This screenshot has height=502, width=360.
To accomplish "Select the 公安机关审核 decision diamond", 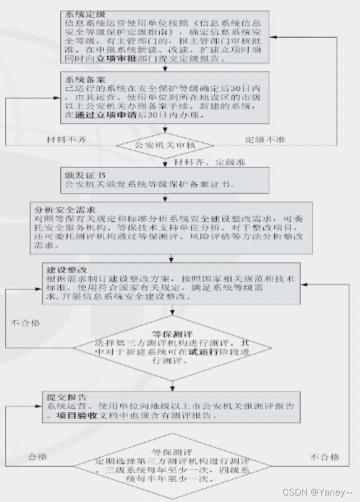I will [x=164, y=145].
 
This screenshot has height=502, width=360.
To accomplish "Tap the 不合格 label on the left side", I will [x=24, y=322].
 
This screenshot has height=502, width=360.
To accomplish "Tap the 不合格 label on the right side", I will [x=324, y=456].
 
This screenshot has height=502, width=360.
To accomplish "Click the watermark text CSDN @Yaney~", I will [x=318, y=492].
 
